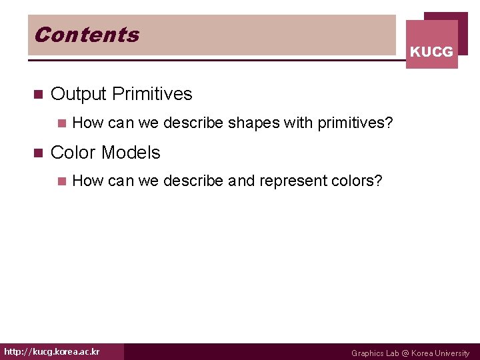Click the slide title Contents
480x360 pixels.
click(87, 35)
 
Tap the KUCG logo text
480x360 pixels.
click(431, 52)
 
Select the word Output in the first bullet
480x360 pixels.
click(79, 94)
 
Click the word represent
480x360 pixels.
click(292, 181)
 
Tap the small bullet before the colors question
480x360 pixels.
click(61, 181)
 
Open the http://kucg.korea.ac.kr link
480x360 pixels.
click(52, 351)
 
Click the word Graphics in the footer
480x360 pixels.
click(367, 353)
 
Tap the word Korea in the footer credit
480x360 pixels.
click(422, 353)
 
